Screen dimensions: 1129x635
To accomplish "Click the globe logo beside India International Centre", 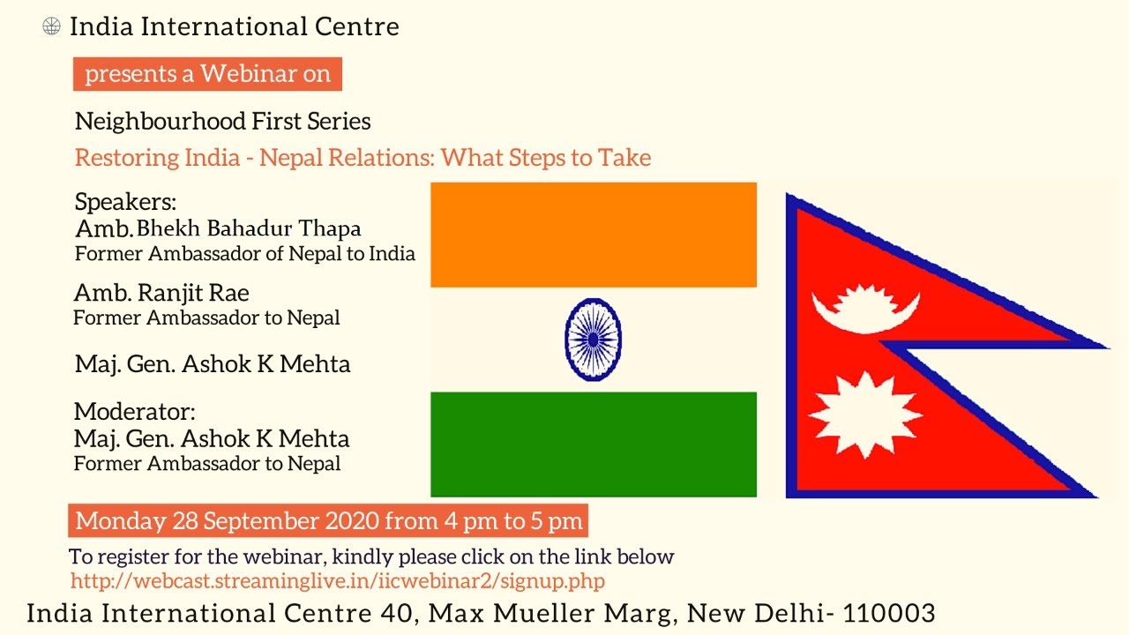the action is (x=51, y=26).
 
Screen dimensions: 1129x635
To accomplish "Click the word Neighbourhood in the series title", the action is (x=161, y=122).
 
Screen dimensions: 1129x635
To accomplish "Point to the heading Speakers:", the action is (x=125, y=203).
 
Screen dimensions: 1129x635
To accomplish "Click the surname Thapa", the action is (x=330, y=229).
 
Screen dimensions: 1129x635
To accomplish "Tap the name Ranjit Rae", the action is (x=193, y=294).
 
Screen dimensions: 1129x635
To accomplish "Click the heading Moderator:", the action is (x=135, y=412).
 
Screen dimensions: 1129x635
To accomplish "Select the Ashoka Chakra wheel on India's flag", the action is (x=594, y=340).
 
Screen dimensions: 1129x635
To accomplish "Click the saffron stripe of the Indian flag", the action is (x=594, y=235).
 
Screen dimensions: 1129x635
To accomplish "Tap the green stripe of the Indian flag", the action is (x=594, y=444).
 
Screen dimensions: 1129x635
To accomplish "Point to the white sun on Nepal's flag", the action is (x=866, y=415).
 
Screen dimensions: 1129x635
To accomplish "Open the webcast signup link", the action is (x=338, y=581).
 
